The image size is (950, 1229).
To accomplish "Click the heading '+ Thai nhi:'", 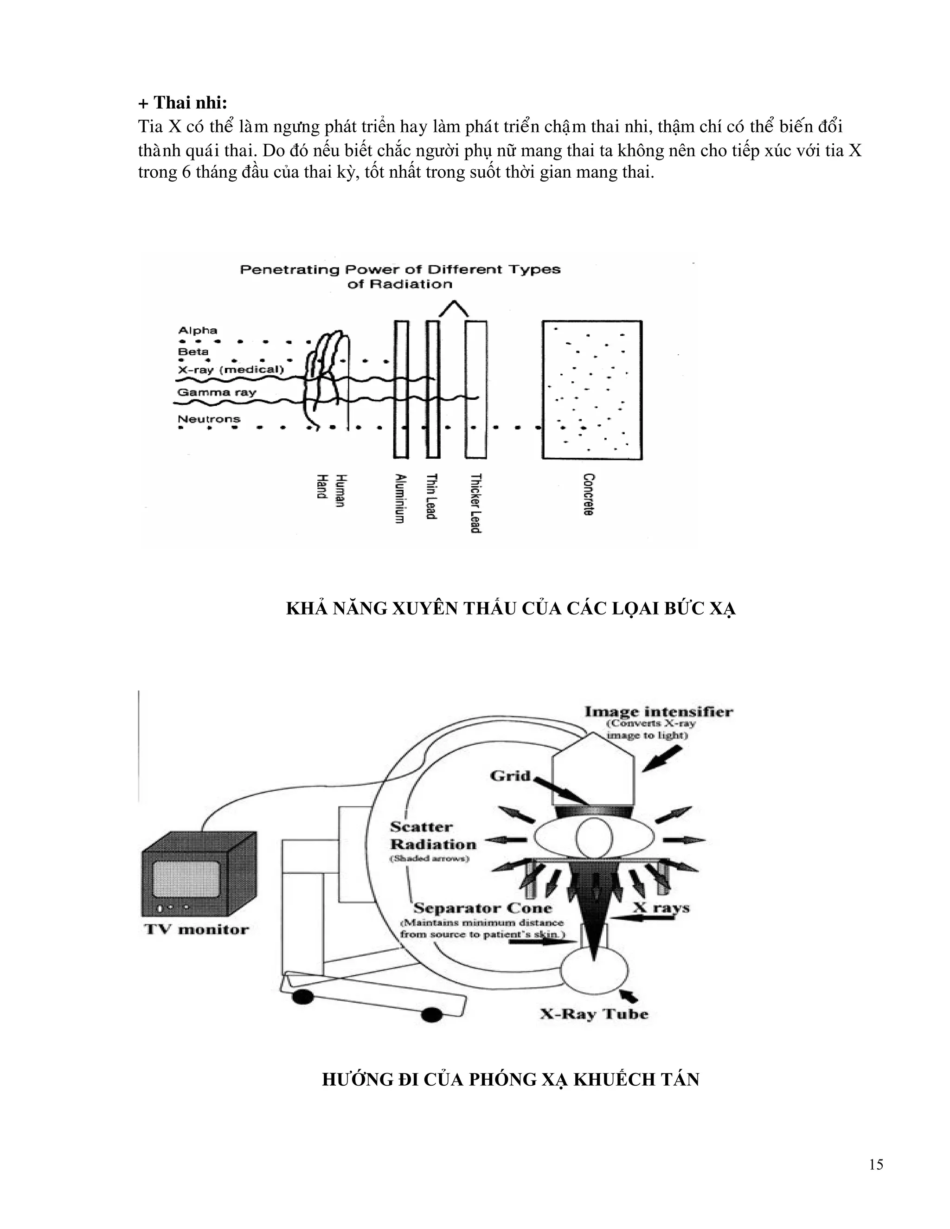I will [182, 103].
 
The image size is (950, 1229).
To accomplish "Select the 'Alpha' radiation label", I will [198, 330].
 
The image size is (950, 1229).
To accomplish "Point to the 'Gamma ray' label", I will [217, 392].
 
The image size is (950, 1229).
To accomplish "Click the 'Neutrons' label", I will [209, 419].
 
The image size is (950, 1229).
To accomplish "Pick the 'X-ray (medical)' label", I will [231, 370].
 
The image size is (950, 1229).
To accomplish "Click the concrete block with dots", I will [591, 390].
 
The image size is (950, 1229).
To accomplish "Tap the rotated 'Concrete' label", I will [589, 494].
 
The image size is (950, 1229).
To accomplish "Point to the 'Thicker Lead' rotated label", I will [475, 503].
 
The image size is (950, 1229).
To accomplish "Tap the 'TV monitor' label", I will [196, 929].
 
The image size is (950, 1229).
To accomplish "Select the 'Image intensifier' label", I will [659, 712].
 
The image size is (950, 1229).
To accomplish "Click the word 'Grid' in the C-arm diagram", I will [510, 776].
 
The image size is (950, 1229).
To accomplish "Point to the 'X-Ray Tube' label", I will [594, 1014].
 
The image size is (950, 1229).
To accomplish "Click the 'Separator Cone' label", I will [482, 908].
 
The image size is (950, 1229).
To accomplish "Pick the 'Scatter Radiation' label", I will [432, 836].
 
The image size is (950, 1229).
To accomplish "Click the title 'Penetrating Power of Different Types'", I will [400, 269].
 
